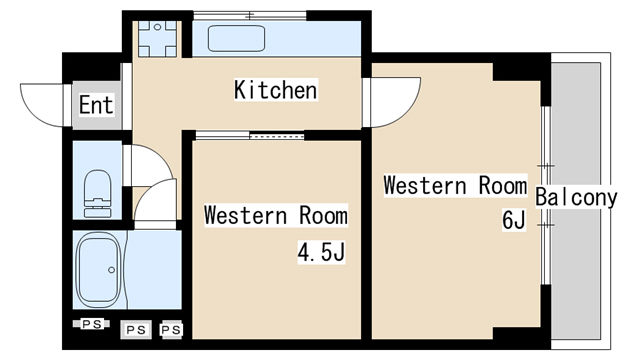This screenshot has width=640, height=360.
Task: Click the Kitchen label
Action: click(276, 90)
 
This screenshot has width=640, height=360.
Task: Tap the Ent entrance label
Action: click(96, 105)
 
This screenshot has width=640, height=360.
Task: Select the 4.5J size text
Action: click(321, 252)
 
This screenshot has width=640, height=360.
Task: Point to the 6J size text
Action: click(513, 220)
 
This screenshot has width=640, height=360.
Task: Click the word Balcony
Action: click(576, 198)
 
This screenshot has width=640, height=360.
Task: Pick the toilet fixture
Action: click(97, 193)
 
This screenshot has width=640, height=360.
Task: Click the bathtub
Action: click(99, 270)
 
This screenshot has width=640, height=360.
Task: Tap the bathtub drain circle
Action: click(111, 270)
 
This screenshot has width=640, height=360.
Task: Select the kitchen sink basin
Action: click(236, 38)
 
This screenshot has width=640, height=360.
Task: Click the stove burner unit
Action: click(158, 38)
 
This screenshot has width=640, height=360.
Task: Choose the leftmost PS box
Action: click(91, 324)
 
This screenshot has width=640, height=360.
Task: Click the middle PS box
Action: click(136, 329)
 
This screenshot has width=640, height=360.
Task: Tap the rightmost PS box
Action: click(171, 329)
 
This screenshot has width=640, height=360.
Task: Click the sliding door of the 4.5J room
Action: click(250, 136)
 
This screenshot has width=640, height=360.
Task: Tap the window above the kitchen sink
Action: click(250, 16)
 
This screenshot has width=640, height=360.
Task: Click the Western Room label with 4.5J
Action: click(276, 215)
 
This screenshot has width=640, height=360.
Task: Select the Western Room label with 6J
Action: click(456, 186)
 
